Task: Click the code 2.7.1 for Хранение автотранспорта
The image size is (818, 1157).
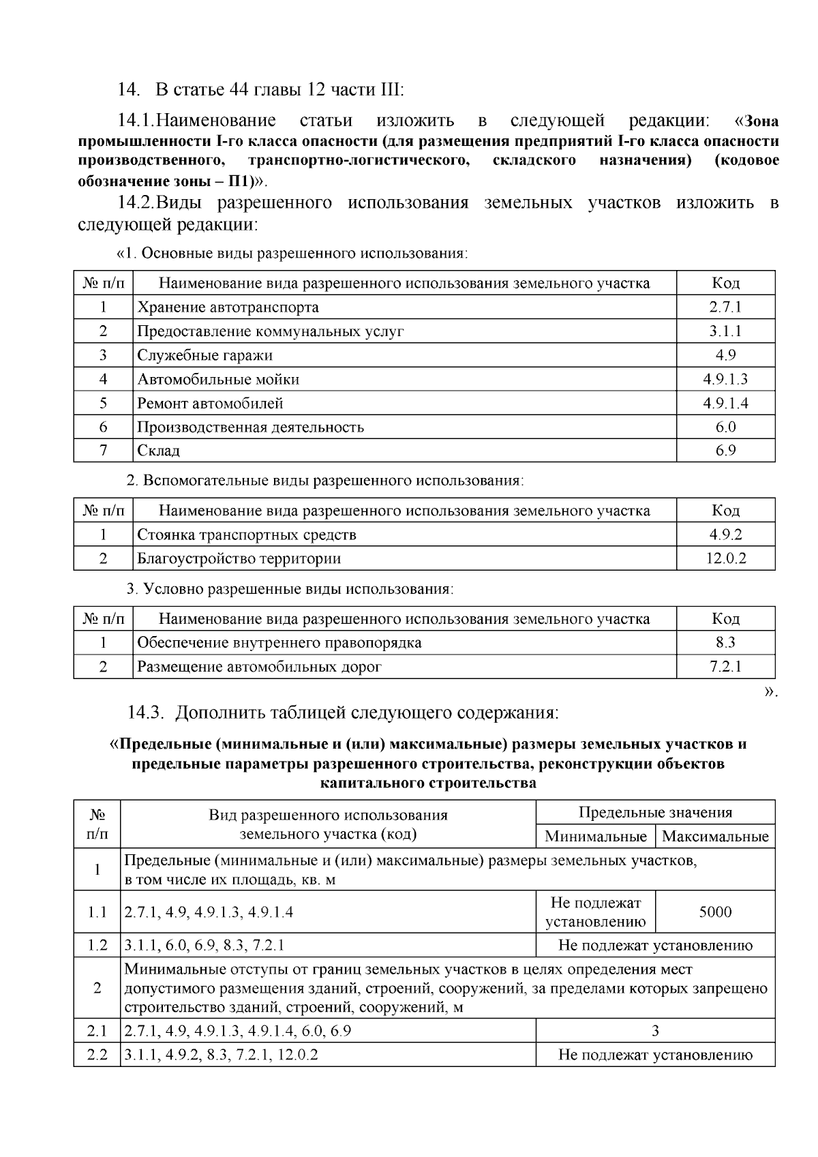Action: tap(725, 307)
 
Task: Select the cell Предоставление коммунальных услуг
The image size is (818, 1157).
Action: tap(271, 331)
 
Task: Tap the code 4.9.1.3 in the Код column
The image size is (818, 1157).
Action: tap(725, 379)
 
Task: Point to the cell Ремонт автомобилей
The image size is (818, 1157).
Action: tap(210, 403)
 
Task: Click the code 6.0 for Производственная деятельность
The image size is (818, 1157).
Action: tap(725, 427)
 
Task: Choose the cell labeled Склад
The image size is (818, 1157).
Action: tap(159, 451)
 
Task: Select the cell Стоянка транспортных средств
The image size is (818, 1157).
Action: tap(247, 535)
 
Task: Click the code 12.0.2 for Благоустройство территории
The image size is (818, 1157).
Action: tap(725, 558)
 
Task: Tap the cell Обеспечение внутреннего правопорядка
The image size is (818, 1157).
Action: tap(279, 642)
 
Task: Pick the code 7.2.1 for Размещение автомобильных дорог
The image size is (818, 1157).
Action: tap(725, 666)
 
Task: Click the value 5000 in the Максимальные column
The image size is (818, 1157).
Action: tap(715, 912)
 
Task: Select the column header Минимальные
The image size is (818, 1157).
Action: tap(596, 836)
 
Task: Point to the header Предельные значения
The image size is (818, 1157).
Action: tap(655, 812)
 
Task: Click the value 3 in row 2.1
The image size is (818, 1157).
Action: tap(655, 1030)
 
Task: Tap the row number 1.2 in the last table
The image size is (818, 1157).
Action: tap(97, 945)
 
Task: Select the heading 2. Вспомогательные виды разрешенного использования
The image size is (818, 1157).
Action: tap(325, 480)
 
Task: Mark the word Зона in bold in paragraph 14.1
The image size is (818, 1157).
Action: tap(761, 121)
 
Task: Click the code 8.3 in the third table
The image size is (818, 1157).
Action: tap(725, 642)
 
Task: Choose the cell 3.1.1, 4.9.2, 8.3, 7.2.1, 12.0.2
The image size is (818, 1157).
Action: tap(222, 1055)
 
